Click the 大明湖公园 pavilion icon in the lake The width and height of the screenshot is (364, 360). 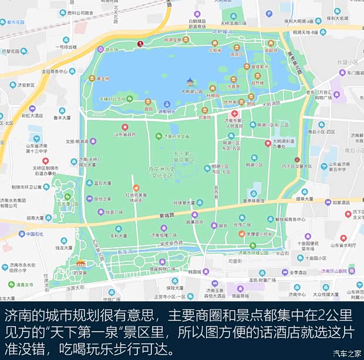[x=190, y=82]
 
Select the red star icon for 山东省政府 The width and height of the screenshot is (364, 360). [x=124, y=127]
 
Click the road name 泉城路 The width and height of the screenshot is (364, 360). [x=167, y=216]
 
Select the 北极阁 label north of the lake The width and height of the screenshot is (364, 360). [x=215, y=51]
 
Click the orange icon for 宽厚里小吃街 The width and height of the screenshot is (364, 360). [x=241, y=233]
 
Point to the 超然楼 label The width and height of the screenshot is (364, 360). [x=258, y=83]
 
